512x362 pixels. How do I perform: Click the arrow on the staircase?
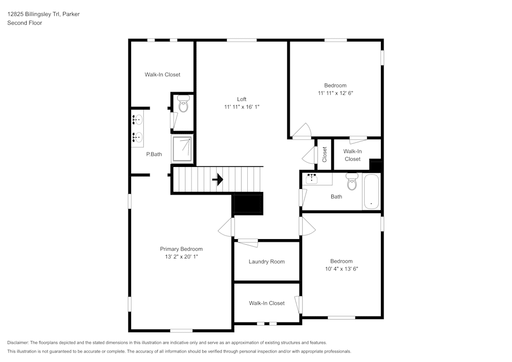click(218, 180)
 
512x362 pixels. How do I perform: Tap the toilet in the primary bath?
click(183, 105)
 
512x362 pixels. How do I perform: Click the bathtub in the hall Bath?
click(372, 191)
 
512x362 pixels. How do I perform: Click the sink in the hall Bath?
click(311, 179)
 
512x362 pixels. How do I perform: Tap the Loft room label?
click(242, 99)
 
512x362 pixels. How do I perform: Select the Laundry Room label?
click(266, 262)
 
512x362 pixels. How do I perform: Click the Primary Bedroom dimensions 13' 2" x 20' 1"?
click(181, 257)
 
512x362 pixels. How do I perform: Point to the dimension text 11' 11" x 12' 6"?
click(335, 93)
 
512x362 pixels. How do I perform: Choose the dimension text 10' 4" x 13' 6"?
click(341, 268)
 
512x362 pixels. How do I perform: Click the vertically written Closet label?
click(325, 154)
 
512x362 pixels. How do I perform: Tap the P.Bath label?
click(154, 154)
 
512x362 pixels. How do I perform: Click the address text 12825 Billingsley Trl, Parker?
click(43, 14)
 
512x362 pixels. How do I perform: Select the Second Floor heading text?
click(25, 23)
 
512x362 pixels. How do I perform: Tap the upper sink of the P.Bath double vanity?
click(137, 120)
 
